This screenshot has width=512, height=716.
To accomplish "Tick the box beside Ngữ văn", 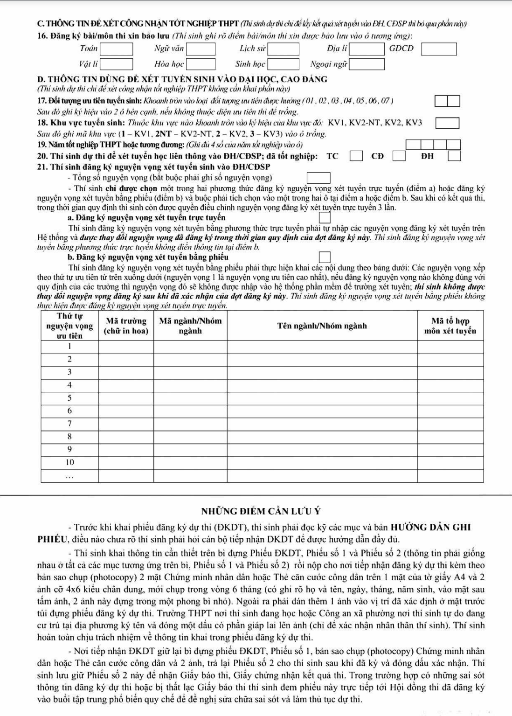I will (201, 49).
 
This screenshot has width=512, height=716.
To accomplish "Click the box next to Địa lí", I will (367, 49).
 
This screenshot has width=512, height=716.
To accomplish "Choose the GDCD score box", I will (439, 49).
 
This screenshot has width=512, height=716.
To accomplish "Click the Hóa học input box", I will (201, 64).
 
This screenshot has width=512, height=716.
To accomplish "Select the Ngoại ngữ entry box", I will (367, 64).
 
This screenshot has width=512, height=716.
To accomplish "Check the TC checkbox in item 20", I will (356, 155).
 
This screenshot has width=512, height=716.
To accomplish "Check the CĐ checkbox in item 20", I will (398, 155).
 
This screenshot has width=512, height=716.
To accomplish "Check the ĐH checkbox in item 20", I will (455, 155).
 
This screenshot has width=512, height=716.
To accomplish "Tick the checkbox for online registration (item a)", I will (325, 217).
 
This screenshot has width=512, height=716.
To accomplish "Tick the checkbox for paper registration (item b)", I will (325, 257).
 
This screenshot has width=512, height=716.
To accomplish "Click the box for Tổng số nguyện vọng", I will (318, 178).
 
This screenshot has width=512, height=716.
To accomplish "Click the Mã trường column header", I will (126, 326).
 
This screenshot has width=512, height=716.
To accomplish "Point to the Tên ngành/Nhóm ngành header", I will (322, 326).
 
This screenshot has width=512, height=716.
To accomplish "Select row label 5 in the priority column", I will (69, 398).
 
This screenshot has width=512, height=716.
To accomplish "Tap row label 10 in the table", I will (69, 462).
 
